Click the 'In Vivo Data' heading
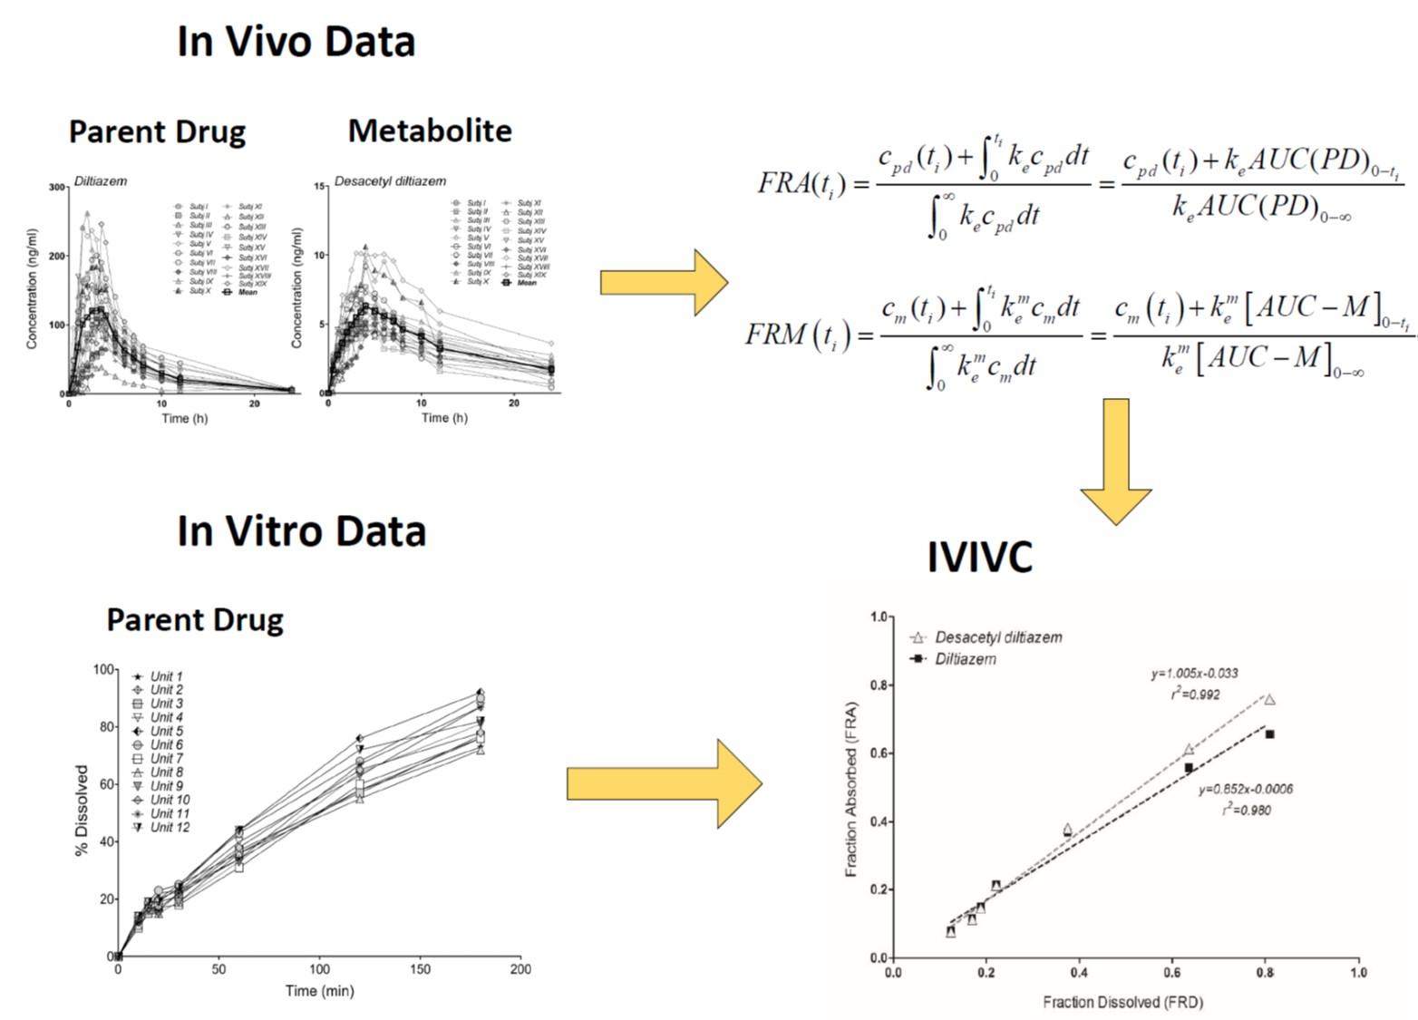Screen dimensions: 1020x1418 (296, 42)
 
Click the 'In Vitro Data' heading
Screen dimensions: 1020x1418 (301, 531)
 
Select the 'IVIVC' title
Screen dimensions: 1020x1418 (979, 557)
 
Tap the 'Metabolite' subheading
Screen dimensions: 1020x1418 (430, 131)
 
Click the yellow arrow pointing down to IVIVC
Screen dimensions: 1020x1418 (1116, 462)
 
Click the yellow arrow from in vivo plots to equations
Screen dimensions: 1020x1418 (664, 283)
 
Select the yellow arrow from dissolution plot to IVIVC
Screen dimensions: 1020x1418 (664, 783)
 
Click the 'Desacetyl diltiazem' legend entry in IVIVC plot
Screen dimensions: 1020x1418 (997, 637)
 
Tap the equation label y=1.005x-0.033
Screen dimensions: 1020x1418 (1194, 674)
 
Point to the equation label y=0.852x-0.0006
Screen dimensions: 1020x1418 (1245, 790)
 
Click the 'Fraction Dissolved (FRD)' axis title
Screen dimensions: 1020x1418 (1122, 1002)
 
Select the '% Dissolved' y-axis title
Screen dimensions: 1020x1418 (83, 811)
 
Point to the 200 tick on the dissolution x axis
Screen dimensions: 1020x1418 (520, 969)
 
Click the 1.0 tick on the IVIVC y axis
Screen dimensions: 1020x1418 (879, 617)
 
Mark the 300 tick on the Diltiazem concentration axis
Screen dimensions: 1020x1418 (57, 188)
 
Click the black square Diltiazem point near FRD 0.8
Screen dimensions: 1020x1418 (1269, 734)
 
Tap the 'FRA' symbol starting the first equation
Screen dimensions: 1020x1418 (783, 183)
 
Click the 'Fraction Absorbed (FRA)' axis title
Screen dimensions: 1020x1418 (850, 789)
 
